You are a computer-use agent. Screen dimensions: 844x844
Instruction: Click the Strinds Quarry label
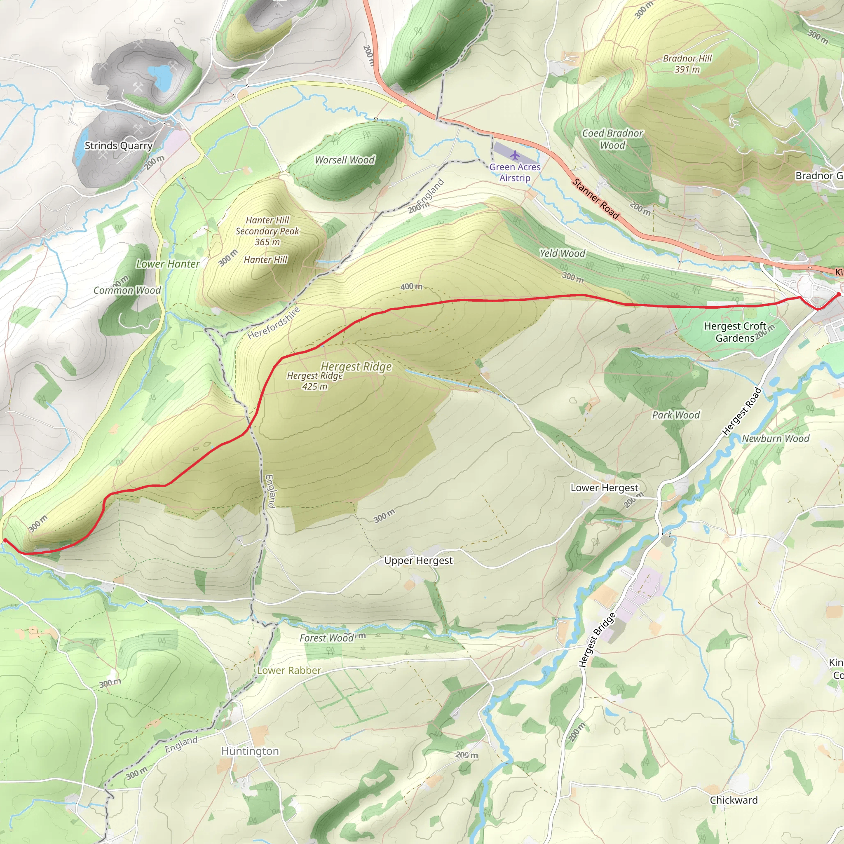(x=118, y=145)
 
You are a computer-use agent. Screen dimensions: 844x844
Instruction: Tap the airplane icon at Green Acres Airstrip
(x=515, y=155)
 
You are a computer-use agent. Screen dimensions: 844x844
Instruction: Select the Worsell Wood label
(x=345, y=160)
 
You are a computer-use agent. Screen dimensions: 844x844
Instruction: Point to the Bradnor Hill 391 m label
(x=687, y=64)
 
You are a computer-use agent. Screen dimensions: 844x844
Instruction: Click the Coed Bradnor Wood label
(x=612, y=139)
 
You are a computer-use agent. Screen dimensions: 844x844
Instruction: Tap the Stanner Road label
(x=596, y=198)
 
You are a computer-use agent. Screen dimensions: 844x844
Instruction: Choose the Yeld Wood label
(x=562, y=253)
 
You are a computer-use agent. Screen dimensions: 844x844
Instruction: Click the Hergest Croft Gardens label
(x=735, y=332)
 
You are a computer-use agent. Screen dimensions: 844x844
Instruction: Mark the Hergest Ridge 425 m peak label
(x=314, y=381)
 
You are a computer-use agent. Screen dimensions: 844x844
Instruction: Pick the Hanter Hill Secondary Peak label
(x=267, y=231)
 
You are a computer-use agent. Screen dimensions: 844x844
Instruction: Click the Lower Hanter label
(x=168, y=264)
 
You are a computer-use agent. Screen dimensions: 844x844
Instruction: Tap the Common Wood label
(x=127, y=291)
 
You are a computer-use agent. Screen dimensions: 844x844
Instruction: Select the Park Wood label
(x=676, y=415)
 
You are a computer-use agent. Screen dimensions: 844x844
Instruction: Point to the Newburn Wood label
(x=776, y=438)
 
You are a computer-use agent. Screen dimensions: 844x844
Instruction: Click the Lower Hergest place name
(x=604, y=488)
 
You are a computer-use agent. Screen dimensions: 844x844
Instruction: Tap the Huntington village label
(x=250, y=751)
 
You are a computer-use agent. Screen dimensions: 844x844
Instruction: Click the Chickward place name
(x=734, y=800)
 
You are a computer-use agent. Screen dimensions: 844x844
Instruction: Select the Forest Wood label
(x=326, y=638)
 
